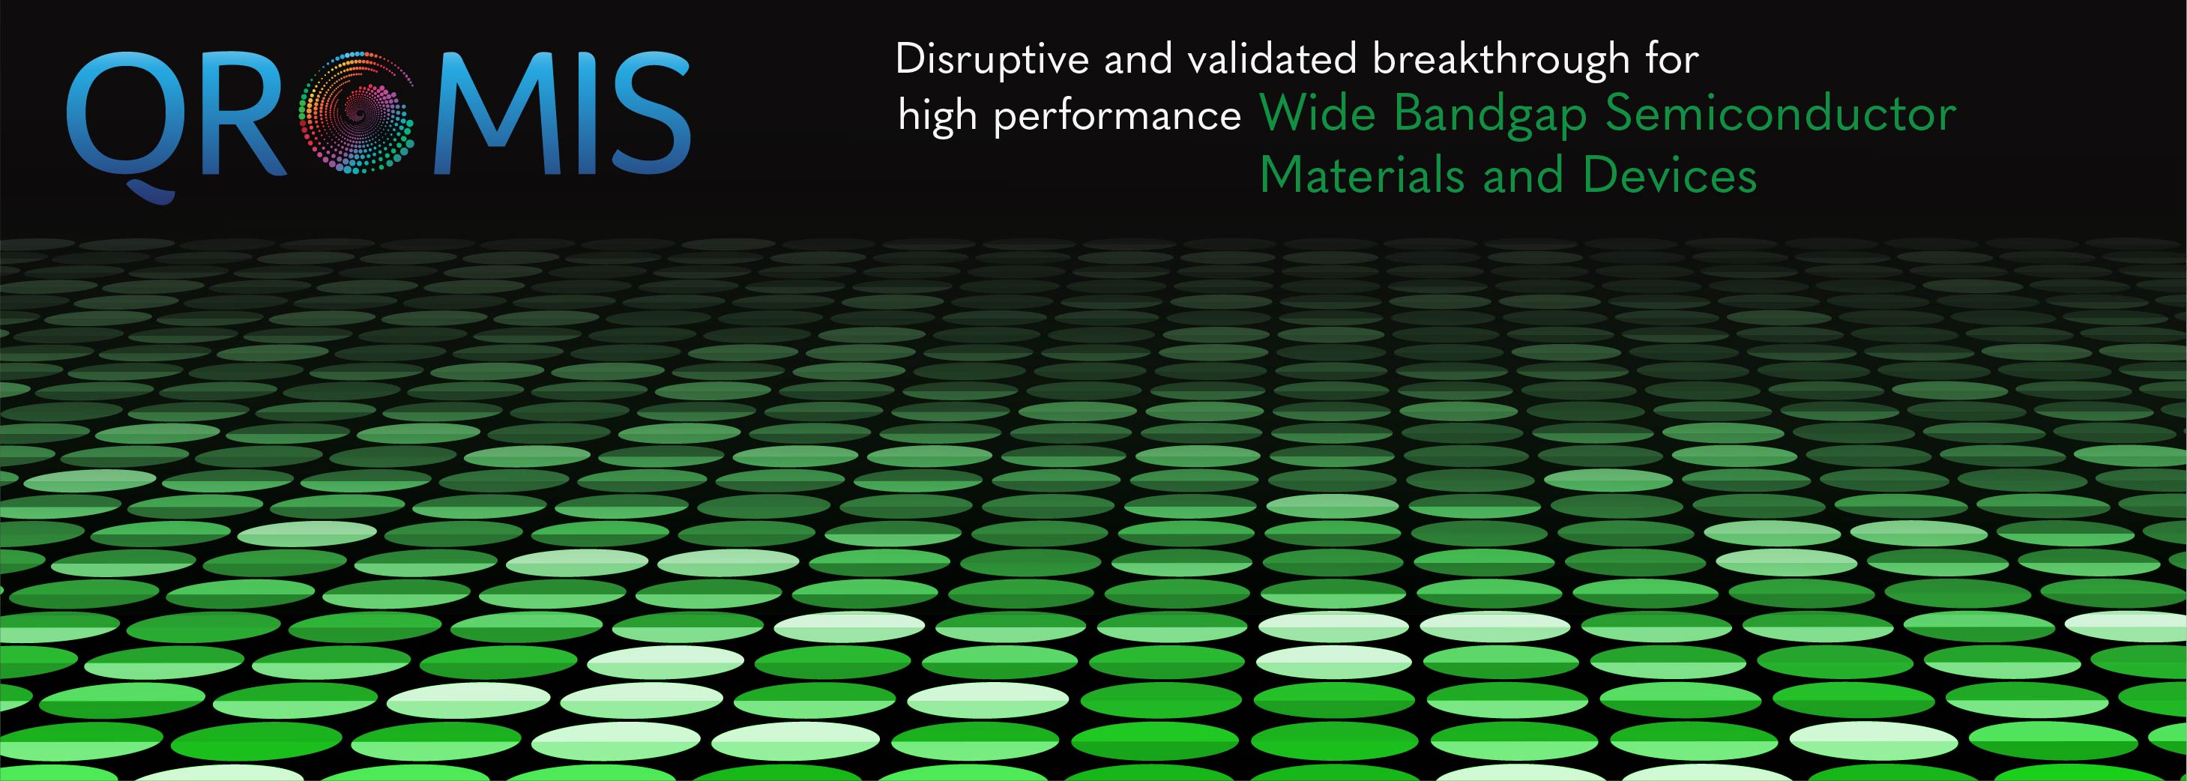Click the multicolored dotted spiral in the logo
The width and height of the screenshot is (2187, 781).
(358, 112)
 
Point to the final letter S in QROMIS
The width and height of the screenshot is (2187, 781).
(651, 115)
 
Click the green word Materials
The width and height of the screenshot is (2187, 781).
(1362, 175)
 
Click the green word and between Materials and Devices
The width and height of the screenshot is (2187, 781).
(1523, 175)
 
